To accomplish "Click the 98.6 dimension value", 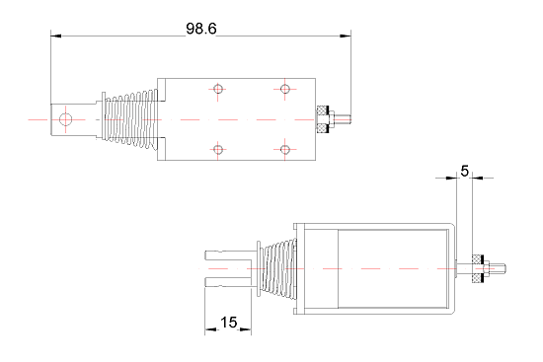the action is point(201,29).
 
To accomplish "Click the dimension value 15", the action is point(228,323).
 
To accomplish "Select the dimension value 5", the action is point(464,171).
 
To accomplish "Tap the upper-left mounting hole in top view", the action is point(218,89).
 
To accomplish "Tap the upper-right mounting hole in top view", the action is point(285,89).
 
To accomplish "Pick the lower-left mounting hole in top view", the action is point(218,150).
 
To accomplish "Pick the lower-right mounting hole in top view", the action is point(285,150).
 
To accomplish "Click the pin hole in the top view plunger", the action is point(65,119).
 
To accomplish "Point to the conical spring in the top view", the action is point(131,119).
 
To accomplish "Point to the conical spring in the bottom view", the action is point(278,268).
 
